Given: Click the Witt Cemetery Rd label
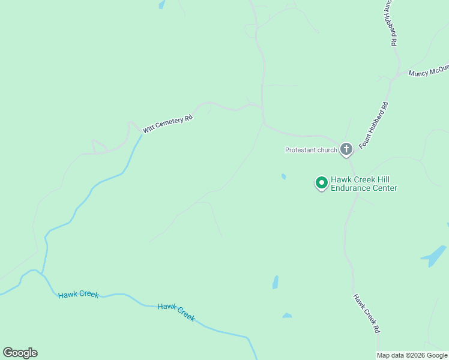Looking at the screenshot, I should [167, 123].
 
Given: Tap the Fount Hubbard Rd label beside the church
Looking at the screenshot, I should [373, 125].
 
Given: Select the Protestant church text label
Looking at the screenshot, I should [311, 150].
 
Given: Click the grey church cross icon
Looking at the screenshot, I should [346, 149].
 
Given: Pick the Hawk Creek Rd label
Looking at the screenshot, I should [366, 313].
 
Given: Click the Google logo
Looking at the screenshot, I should [20, 353].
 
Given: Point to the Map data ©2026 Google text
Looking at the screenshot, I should [412, 355].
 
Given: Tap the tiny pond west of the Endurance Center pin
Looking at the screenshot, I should [283, 176].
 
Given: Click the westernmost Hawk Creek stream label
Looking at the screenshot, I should [78, 295].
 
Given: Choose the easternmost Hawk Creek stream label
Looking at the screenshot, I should [176, 312].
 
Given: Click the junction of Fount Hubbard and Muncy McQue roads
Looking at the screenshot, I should [394, 77].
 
